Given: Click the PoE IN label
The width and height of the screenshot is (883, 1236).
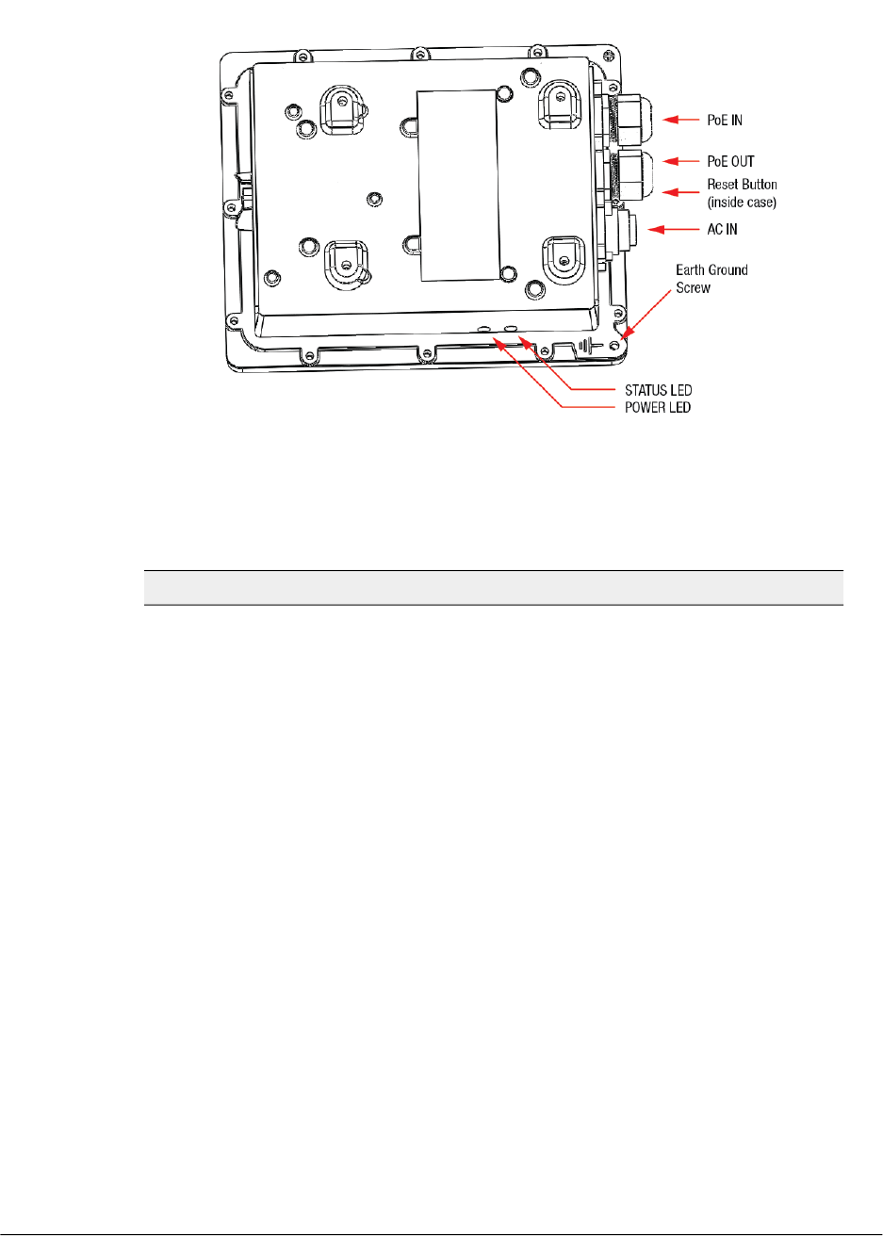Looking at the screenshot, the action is point(725,121).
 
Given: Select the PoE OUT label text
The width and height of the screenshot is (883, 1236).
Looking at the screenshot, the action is point(730,161).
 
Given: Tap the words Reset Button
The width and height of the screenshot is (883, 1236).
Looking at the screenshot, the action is point(742,185).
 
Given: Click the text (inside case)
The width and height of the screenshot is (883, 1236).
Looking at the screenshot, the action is point(742,203).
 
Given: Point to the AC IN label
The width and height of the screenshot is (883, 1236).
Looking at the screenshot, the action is point(722,230).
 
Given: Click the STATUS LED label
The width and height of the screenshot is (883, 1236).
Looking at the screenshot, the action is point(658,390).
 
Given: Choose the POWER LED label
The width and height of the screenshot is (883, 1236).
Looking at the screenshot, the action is point(658,407).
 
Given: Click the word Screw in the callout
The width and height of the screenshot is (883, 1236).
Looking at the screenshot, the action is point(693,288).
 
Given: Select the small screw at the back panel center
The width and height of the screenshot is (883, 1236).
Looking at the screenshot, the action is point(374,199).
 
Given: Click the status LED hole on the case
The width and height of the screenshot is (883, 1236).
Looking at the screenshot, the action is point(510,328).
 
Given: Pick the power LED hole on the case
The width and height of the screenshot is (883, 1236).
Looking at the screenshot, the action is point(483,329).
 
